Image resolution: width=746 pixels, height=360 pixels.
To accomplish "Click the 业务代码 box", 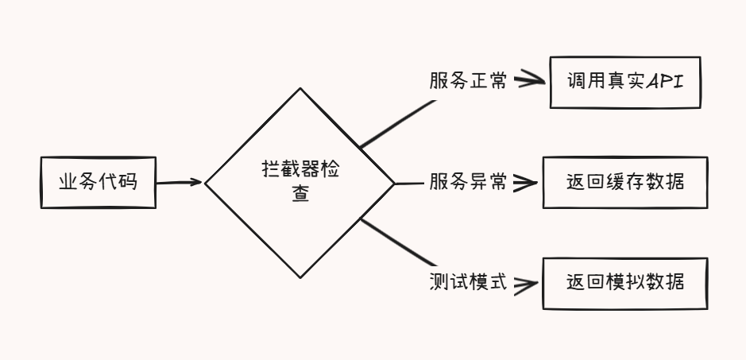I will [x=98, y=182].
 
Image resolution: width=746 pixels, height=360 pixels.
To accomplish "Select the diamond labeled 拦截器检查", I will [x=300, y=182].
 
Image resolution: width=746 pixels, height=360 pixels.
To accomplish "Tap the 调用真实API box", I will [x=625, y=82].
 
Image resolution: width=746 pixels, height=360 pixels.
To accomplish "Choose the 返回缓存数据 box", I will [x=624, y=182].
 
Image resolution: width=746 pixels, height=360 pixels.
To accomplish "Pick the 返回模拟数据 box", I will [x=624, y=283].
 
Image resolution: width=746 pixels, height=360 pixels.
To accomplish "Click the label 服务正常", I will [x=468, y=81].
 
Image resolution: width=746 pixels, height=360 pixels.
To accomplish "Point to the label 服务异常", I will [x=468, y=182].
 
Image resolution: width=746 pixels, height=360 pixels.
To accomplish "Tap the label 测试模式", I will [x=468, y=283].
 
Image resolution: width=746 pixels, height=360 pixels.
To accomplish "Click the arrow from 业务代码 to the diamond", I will [x=180, y=183].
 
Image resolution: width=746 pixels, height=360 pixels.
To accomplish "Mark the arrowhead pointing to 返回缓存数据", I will [x=528, y=183].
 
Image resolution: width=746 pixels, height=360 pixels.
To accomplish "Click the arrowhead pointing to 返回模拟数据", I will [x=528, y=283].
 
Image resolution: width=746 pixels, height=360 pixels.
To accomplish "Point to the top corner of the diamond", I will [x=300, y=88].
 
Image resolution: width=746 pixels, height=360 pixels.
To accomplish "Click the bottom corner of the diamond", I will [x=300, y=277].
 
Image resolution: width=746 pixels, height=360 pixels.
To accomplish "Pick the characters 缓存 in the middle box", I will [x=624, y=182].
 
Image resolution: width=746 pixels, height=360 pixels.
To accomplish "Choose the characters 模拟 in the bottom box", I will [x=624, y=283].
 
